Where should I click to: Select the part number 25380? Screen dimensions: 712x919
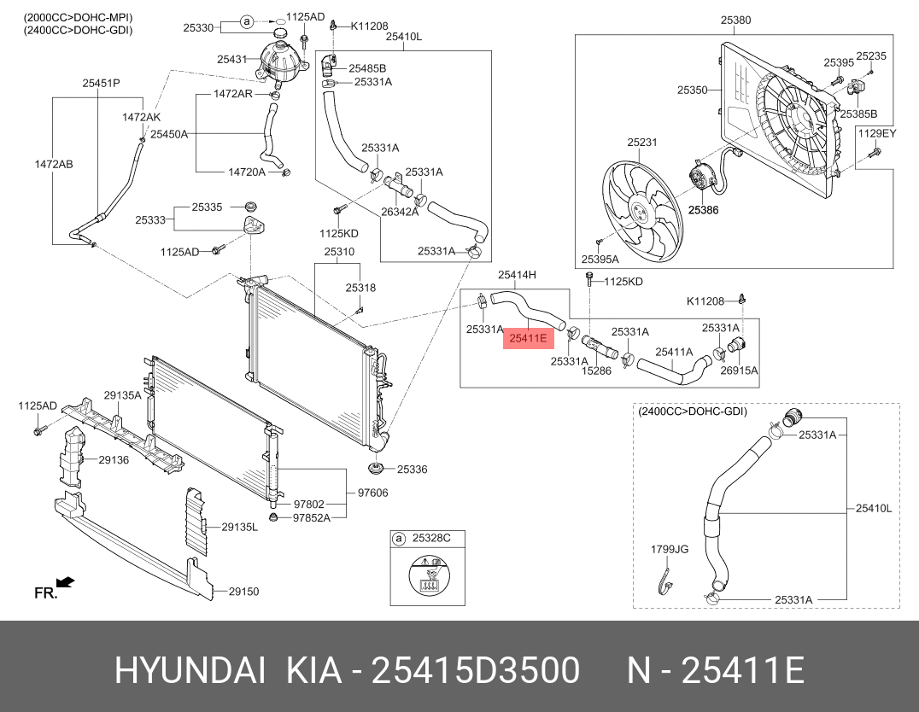(x=735, y=20)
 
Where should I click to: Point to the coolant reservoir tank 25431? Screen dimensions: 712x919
(x=278, y=58)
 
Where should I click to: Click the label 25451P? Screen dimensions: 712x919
(x=101, y=83)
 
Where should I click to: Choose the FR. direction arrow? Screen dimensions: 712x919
(x=66, y=583)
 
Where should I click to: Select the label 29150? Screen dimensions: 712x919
(x=243, y=591)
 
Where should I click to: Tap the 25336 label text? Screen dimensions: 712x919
(x=412, y=470)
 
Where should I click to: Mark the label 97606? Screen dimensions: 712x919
(x=372, y=493)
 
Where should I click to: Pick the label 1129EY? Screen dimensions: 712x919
(x=876, y=133)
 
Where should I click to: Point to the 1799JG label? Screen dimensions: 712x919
(x=669, y=549)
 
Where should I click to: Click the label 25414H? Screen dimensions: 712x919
(x=518, y=274)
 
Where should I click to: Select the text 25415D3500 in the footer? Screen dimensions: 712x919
(x=478, y=671)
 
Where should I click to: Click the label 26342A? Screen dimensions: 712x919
(x=399, y=212)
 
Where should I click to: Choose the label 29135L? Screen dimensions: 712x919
(x=239, y=527)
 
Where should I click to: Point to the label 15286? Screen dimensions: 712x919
(x=596, y=371)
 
